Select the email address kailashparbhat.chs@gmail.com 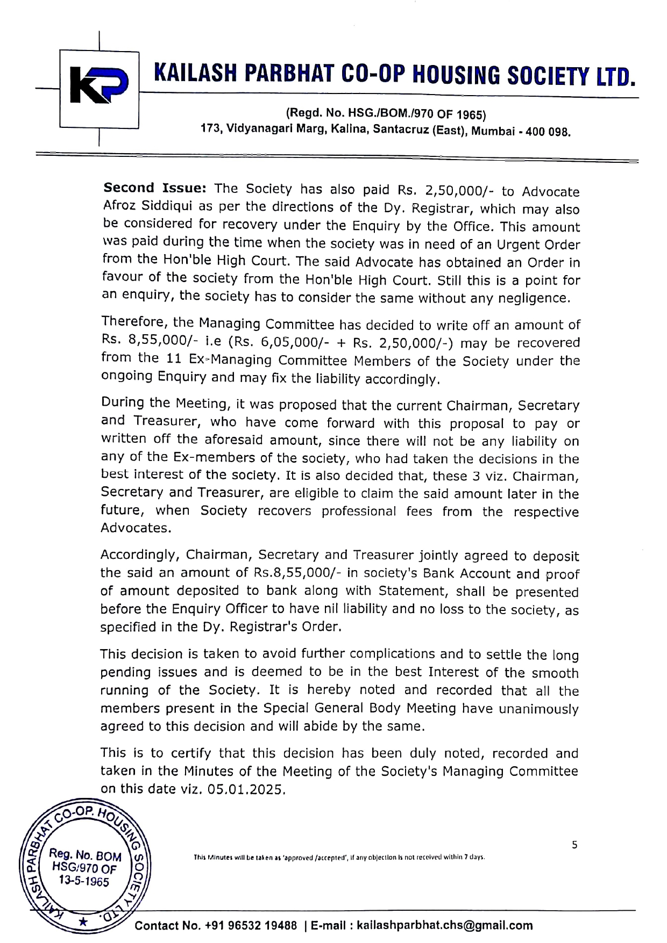(x=444, y=925)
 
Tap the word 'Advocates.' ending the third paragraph (x=136, y=528)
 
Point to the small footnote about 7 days (x=339, y=857)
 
